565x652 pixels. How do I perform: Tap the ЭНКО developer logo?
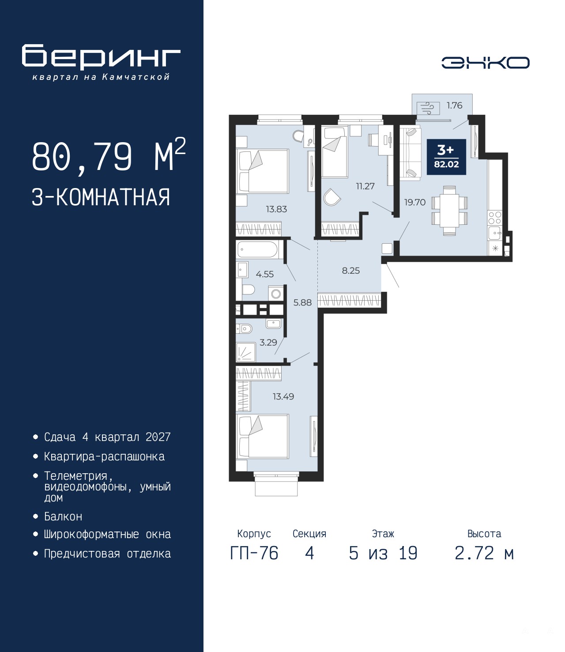tap(485, 62)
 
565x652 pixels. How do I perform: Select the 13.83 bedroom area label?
tap(276, 209)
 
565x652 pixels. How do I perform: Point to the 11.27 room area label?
tap(365, 186)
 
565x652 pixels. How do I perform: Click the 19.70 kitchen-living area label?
tap(415, 202)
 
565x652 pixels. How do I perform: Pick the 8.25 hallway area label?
tap(351, 270)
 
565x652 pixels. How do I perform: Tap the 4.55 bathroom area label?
tap(265, 274)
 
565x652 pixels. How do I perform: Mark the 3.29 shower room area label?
tap(268, 342)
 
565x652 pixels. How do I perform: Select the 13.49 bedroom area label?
tap(283, 396)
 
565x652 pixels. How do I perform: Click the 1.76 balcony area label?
tap(454, 106)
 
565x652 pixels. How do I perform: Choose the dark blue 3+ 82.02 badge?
tap(446, 157)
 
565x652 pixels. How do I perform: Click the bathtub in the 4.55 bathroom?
tap(257, 250)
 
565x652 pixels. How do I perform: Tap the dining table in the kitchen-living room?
tap(449, 211)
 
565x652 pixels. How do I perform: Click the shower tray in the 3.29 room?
tap(246, 353)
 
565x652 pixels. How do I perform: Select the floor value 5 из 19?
tap(383, 553)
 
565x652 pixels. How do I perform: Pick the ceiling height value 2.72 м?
tap(484, 553)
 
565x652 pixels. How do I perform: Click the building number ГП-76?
tap(254, 553)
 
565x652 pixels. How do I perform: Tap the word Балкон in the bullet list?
tap(63, 516)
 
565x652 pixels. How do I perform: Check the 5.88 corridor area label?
tap(302, 302)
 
